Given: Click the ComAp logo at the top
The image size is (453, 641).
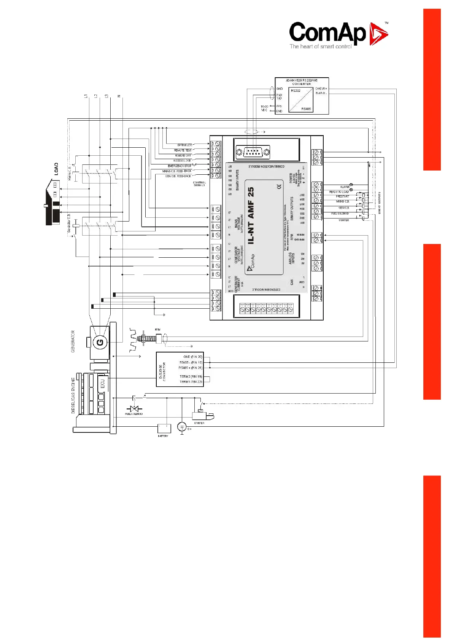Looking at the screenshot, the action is [x=338, y=35].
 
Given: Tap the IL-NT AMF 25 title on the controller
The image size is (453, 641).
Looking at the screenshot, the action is [x=251, y=215].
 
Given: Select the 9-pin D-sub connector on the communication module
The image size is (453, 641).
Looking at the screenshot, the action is [x=253, y=152].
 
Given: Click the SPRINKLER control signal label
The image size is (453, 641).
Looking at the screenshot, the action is [x=185, y=145].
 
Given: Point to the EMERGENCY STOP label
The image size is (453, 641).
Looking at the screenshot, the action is [x=180, y=166].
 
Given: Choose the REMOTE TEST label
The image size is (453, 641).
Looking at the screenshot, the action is [x=183, y=150].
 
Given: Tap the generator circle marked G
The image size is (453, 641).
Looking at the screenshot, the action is [x=100, y=342].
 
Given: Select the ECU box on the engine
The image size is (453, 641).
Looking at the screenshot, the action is [x=102, y=383].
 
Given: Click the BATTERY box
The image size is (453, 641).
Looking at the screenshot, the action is [x=164, y=428].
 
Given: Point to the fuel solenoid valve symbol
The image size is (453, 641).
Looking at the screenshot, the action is [x=134, y=408].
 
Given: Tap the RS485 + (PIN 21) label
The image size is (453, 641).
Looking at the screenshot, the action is [x=191, y=368].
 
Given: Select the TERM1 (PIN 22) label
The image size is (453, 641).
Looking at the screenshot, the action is [x=191, y=382].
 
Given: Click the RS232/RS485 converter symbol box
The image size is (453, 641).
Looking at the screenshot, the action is [x=300, y=100].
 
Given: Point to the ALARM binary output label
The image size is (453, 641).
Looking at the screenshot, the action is [x=345, y=187].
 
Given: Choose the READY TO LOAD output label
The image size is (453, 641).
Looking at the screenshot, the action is [x=339, y=192].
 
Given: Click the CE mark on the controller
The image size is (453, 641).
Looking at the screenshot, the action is [x=278, y=186].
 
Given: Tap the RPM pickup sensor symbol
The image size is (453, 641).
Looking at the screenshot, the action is [x=150, y=338].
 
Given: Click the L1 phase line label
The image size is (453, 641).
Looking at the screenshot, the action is [x=86, y=96].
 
